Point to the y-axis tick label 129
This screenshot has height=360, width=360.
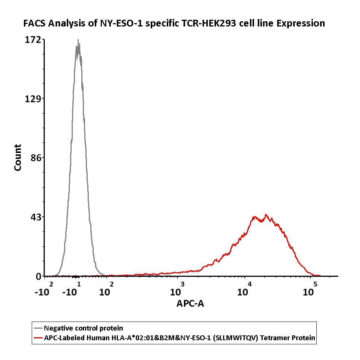(x=34, y=99)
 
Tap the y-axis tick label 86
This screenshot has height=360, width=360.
(x=36, y=158)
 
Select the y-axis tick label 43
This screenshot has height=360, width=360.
(x=36, y=217)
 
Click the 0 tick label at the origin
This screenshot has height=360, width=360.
(x=38, y=276)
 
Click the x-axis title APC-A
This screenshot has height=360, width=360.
(x=190, y=304)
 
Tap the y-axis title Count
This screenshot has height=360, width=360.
(x=18, y=157)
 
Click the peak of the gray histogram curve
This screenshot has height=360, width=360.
(x=78, y=40)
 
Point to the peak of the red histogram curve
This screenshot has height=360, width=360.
(x=266, y=215)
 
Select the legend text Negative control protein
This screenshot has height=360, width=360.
(x=83, y=328)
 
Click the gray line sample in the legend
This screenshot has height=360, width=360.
(x=38, y=329)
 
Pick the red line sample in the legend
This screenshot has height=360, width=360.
(x=38, y=338)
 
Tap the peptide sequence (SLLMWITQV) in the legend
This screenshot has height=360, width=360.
(x=239, y=338)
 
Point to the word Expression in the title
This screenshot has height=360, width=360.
(x=301, y=24)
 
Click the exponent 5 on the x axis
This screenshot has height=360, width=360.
(x=315, y=284)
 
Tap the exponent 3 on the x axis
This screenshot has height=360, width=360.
(x=182, y=284)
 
